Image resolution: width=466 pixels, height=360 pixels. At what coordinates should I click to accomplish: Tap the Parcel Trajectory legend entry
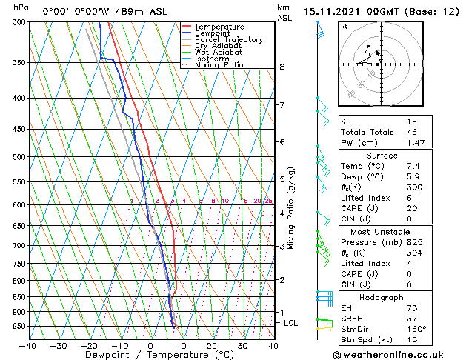click(228, 40)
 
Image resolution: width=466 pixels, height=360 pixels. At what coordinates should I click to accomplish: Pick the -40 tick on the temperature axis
click(28, 345)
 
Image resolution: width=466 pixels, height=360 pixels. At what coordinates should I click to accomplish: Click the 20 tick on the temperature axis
click(212, 345)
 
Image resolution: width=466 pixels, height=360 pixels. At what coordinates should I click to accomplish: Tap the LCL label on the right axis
click(291, 324)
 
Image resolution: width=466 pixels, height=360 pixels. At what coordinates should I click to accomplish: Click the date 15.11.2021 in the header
click(329, 12)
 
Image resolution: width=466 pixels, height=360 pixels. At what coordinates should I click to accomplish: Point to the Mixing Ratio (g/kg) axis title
click(292, 207)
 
